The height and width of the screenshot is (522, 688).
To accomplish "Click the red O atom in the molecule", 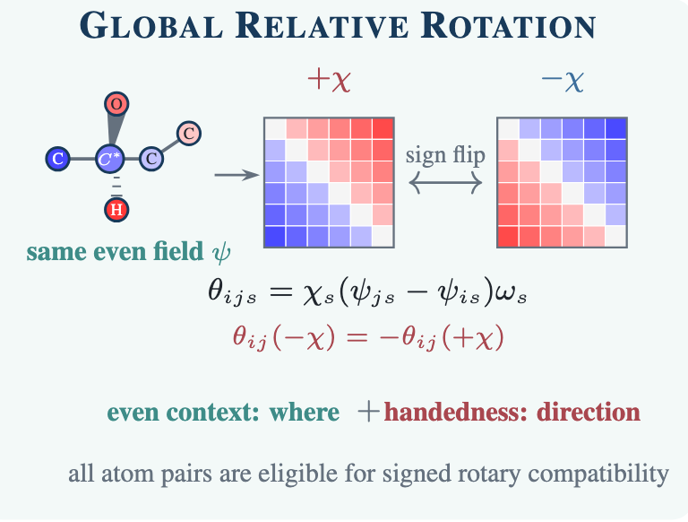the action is point(116,104).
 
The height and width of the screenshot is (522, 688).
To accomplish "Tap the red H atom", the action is point(116,210).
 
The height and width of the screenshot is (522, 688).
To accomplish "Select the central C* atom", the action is point(109,158).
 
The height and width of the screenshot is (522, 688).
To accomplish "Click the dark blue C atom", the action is point(58,158).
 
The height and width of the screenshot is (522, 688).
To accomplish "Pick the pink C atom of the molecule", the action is point(189,133).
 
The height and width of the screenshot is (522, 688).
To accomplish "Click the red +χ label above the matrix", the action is point(329,80).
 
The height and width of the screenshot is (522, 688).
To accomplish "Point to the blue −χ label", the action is point(562,80).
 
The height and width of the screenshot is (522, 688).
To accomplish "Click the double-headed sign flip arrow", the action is point(445,182).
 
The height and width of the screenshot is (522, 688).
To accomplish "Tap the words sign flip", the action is point(445,154).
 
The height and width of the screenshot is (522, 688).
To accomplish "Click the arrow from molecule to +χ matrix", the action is point(236,175).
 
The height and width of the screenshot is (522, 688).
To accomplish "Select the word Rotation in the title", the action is point(508,26).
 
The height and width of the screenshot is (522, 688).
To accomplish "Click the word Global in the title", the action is point(151,26).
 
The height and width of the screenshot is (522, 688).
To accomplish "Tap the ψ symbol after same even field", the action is point(221,252).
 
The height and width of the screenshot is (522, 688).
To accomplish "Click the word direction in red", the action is point(589,413).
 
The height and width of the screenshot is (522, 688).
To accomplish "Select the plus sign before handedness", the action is point(368,413).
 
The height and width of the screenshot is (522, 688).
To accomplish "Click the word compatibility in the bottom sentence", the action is point(598,474).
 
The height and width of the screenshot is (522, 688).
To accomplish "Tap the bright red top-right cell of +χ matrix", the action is point(383,129).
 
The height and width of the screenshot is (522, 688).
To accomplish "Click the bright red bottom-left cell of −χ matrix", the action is point(508,237).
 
